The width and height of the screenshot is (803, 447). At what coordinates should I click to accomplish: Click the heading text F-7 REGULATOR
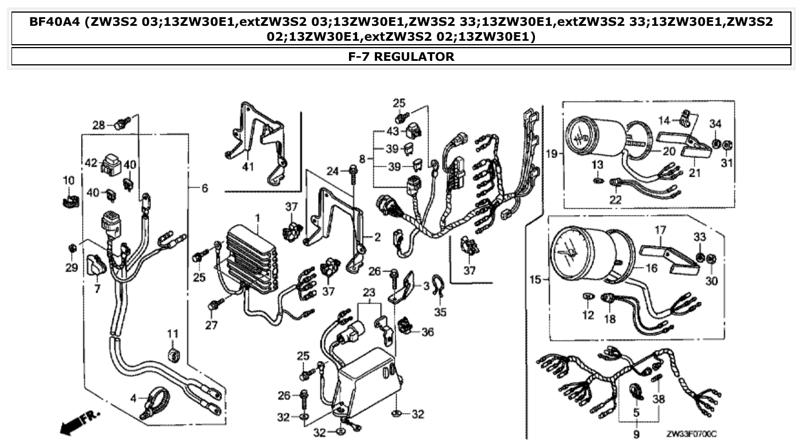[x=401, y=56]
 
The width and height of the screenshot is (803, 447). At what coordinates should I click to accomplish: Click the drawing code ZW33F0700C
[x=691, y=436]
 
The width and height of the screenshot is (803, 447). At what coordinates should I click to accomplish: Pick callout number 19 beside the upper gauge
[x=552, y=154]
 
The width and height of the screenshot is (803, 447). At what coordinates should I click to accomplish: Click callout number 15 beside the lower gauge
[x=535, y=280]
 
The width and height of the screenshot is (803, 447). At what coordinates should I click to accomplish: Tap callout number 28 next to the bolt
[x=99, y=125]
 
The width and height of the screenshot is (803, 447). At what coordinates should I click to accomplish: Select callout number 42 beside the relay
[x=91, y=162]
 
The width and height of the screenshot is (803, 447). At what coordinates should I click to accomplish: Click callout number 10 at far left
[x=68, y=180]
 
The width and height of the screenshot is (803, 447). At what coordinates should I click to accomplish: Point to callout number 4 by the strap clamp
[x=133, y=398]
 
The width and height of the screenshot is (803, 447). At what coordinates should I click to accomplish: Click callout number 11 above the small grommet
[x=173, y=333]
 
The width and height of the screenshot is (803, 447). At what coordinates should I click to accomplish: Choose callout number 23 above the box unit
[x=368, y=291]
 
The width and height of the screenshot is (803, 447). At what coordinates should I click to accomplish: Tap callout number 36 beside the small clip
[x=428, y=332]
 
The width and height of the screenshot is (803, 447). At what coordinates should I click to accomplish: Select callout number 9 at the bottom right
[x=636, y=435]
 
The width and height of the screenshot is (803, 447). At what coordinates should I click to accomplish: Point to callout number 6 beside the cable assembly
[x=204, y=188]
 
